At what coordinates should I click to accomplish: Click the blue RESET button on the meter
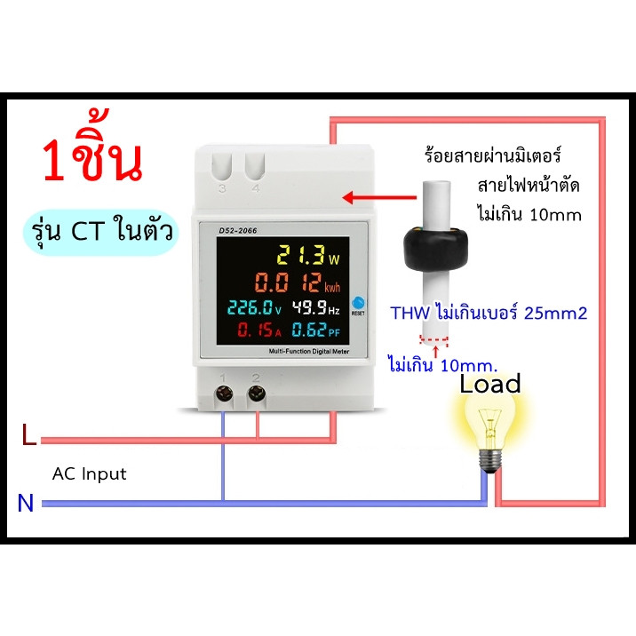pyautogui.click(x=358, y=303)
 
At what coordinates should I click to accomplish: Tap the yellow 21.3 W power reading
pyautogui.click(x=308, y=256)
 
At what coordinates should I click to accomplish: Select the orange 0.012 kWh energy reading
pyautogui.click(x=298, y=282)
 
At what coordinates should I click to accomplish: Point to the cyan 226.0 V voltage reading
pyautogui.click(x=254, y=307)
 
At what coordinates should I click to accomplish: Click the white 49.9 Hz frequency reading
pyautogui.click(x=316, y=307)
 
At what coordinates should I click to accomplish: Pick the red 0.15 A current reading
pyautogui.click(x=259, y=330)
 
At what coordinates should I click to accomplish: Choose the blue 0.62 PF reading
pyautogui.click(x=316, y=330)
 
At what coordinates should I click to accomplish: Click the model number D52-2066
pyautogui.click(x=238, y=230)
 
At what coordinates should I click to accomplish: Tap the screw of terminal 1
pyautogui.click(x=224, y=394)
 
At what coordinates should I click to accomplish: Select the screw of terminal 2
pyautogui.click(x=257, y=393)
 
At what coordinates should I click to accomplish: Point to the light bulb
pyautogui.click(x=491, y=431)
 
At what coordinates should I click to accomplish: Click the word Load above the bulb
pyautogui.click(x=490, y=384)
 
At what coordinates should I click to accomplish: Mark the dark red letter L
pyautogui.click(x=28, y=434)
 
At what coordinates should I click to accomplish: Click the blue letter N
pyautogui.click(x=25, y=503)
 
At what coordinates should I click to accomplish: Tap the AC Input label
pyautogui.click(x=89, y=473)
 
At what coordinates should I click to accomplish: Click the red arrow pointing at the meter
pyautogui.click(x=379, y=198)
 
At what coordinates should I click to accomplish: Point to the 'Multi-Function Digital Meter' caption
pyautogui.click(x=308, y=351)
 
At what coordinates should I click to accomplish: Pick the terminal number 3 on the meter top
pyautogui.click(x=222, y=188)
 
